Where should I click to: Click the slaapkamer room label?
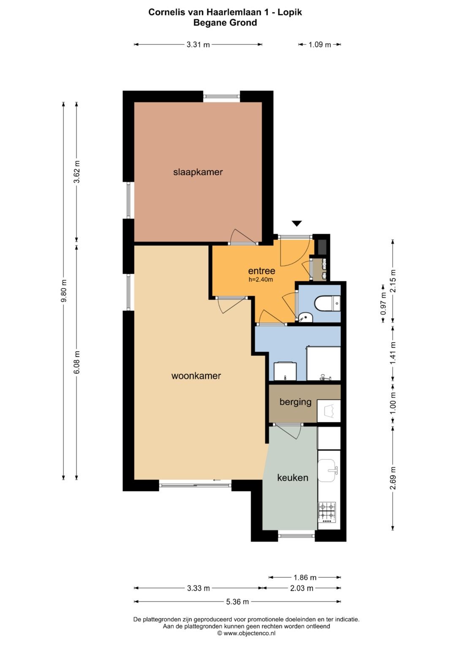click(198, 172)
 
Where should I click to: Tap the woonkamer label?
click(196, 376)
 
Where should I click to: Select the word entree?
click(261, 271)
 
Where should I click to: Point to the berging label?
click(296, 402)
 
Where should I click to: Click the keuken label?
click(293, 478)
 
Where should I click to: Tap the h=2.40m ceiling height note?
click(261, 279)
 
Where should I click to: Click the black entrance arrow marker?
click(297, 223)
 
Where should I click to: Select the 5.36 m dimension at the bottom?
click(237, 601)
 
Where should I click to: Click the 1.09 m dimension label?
click(320, 45)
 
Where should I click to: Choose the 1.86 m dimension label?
click(305, 577)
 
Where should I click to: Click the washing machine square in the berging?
click(329, 411)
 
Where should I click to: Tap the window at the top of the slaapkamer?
click(222, 96)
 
